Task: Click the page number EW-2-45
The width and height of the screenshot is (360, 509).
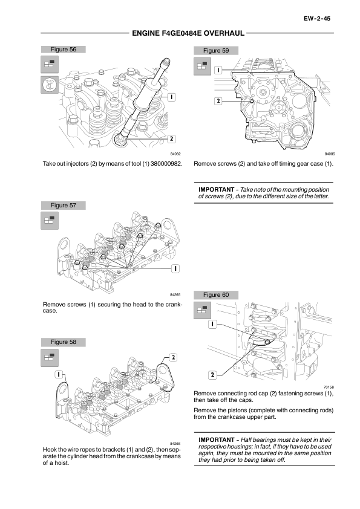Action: pyautogui.click(x=317, y=19)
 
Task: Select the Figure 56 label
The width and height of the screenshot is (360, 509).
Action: pyautogui.click(x=64, y=50)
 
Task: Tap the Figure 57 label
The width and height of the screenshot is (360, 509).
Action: pyautogui.click(x=64, y=205)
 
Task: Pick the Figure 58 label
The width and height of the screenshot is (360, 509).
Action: pyautogui.click(x=64, y=342)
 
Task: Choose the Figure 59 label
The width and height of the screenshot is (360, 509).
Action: pyautogui.click(x=216, y=50)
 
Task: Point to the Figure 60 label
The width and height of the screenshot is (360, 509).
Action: pyautogui.click(x=216, y=295)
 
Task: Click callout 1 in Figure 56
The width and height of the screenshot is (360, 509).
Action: pyautogui.click(x=171, y=97)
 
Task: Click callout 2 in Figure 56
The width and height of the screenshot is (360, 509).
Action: pyautogui.click(x=171, y=139)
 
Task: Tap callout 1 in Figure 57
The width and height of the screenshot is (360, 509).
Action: pyautogui.click(x=175, y=268)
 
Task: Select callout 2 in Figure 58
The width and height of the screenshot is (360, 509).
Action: pyautogui.click(x=173, y=357)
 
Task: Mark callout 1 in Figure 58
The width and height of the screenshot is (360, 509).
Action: pyautogui.click(x=59, y=374)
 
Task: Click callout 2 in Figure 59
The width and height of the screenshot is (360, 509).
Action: pyautogui.click(x=218, y=101)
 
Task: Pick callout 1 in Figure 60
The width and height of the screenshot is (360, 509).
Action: pyautogui.click(x=212, y=324)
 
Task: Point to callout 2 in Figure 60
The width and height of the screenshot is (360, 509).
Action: pyautogui.click(x=212, y=375)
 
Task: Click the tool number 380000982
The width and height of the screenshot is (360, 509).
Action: pyautogui.click(x=166, y=164)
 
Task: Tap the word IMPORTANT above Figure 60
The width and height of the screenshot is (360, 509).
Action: pyautogui.click(x=217, y=190)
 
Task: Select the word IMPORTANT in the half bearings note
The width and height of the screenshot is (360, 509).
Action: pyautogui.click(x=217, y=440)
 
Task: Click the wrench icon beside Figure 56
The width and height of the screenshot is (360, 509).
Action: pyautogui.click(x=50, y=85)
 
